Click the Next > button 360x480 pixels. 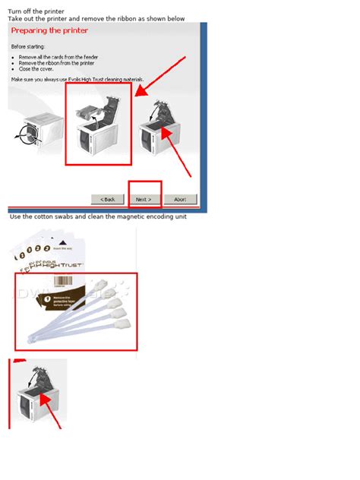(144, 199)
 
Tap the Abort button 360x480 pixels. (180, 199)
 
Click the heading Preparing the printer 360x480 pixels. (50, 30)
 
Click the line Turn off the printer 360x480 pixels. (36, 11)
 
